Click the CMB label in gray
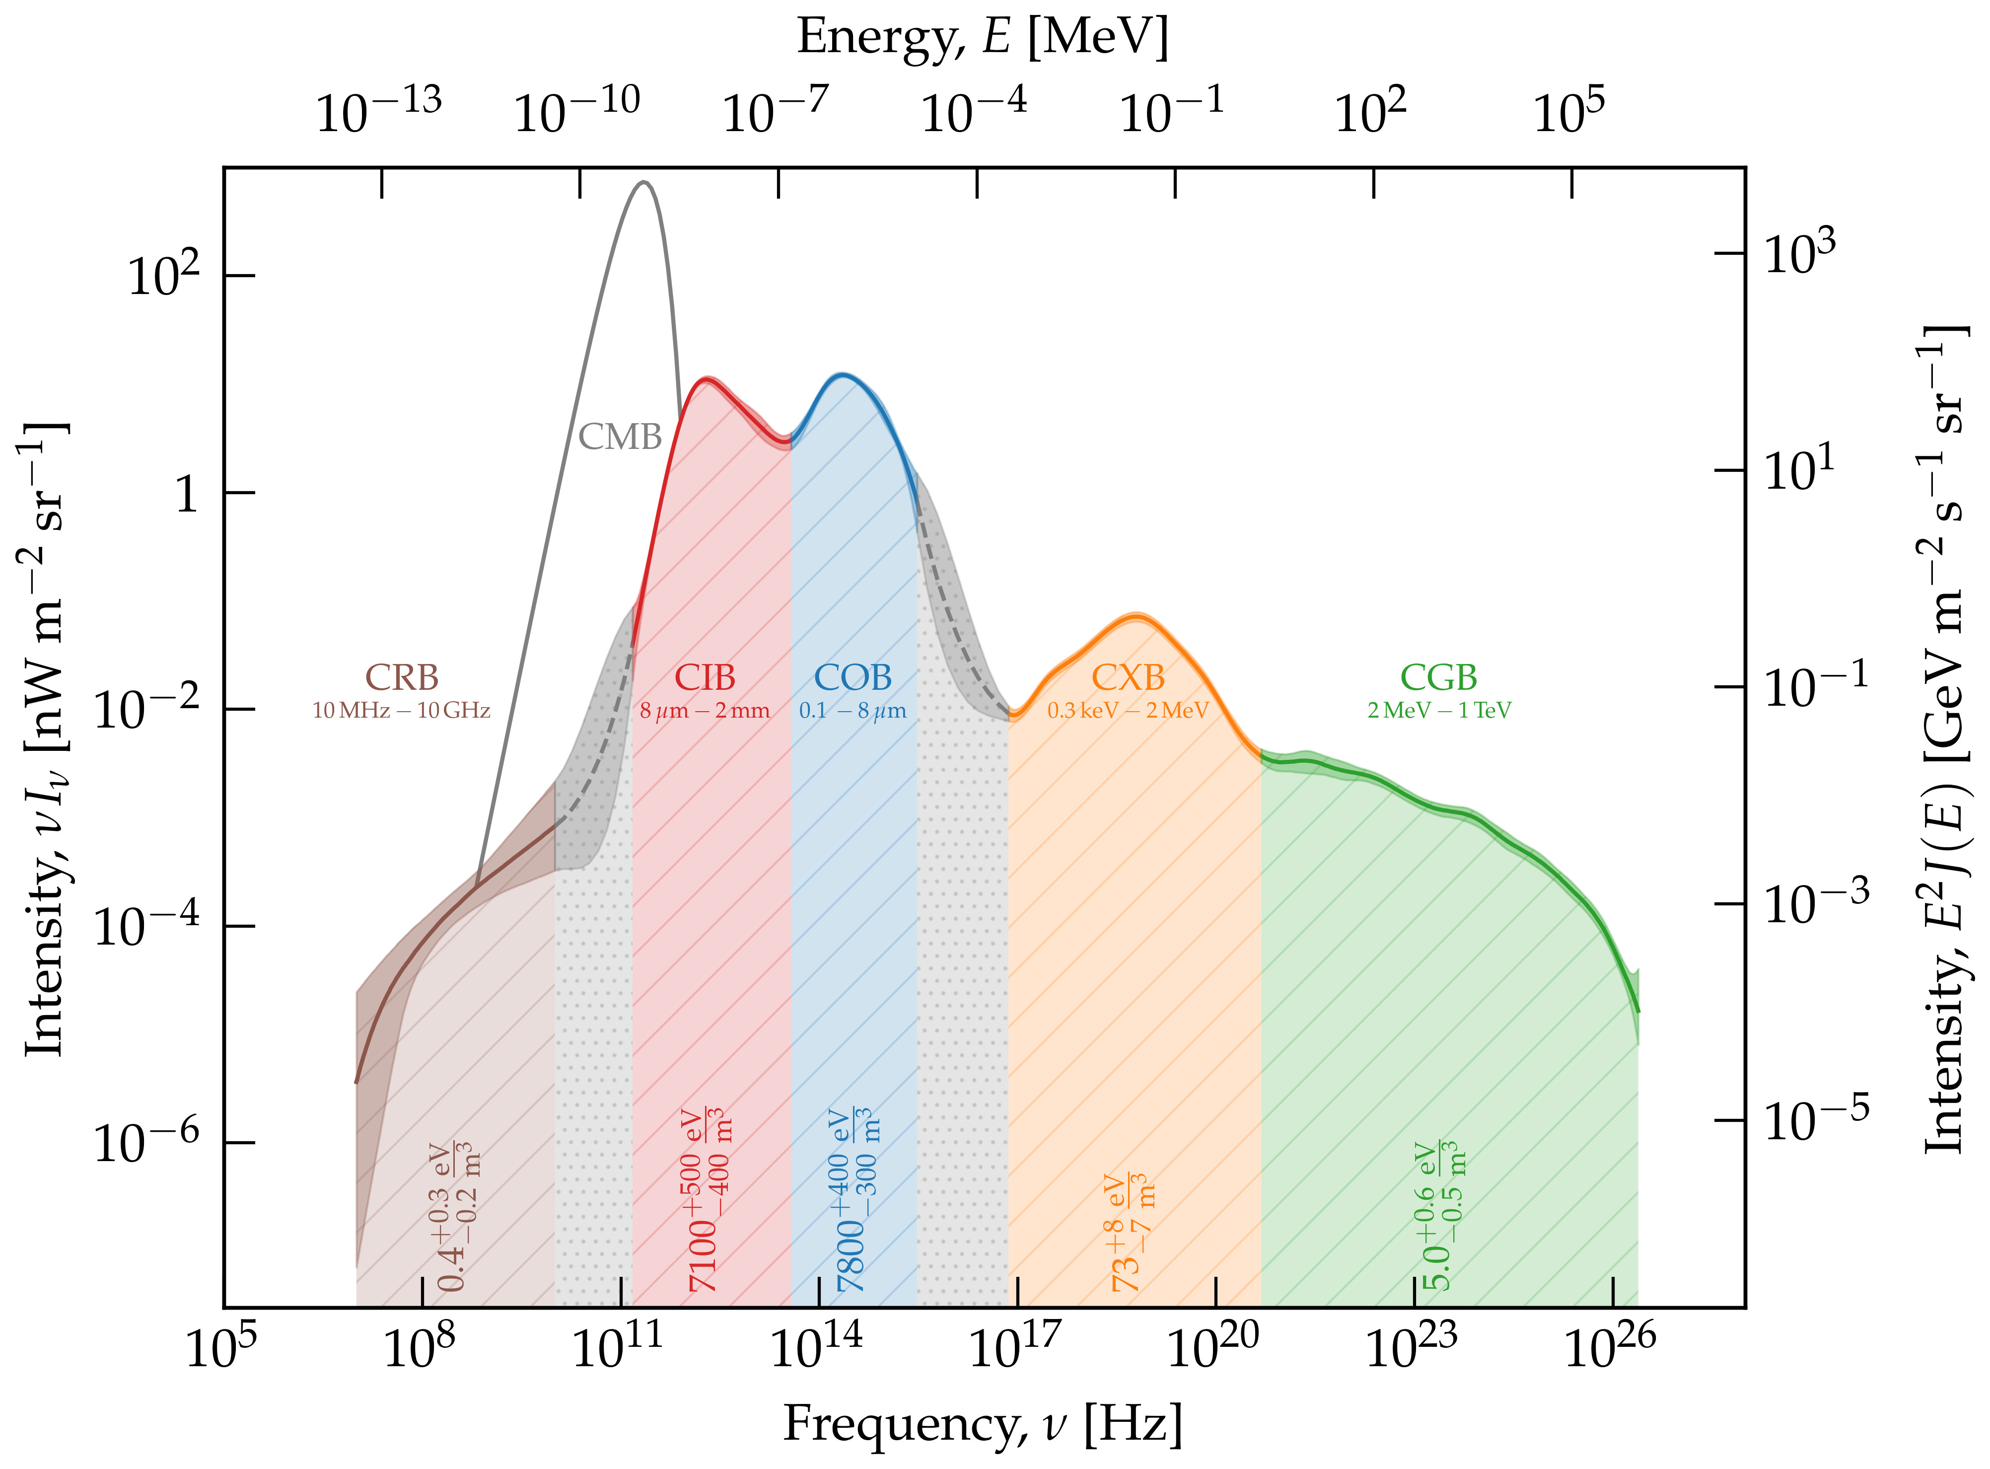620,437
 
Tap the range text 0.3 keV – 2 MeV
1127,711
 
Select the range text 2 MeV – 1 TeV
1438,711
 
